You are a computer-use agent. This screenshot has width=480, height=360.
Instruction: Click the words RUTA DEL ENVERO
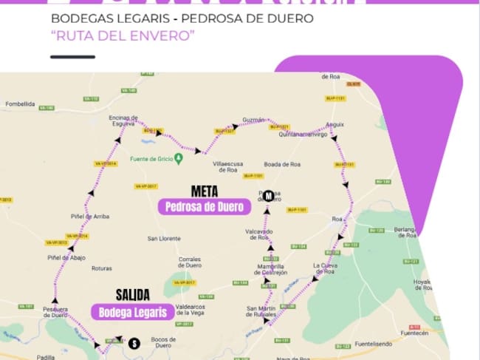(x=123, y=36)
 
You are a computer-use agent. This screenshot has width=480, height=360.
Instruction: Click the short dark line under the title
(x=72, y=56)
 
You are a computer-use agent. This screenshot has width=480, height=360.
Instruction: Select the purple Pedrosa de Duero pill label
(x=205, y=207)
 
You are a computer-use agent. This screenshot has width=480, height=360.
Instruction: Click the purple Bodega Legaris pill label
(x=132, y=311)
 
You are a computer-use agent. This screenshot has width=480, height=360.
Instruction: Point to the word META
(x=204, y=190)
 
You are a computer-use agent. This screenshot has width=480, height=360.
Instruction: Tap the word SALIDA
(x=133, y=294)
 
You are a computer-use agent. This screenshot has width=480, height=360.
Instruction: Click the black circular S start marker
(x=134, y=343)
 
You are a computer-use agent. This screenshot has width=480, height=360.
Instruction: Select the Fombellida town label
(x=20, y=104)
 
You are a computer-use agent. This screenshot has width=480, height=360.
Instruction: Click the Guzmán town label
(x=253, y=120)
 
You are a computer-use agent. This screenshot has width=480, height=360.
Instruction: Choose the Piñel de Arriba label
(x=90, y=217)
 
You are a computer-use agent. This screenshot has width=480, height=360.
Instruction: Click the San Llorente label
(x=164, y=238)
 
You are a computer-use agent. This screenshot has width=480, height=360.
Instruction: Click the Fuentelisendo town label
(x=377, y=343)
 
